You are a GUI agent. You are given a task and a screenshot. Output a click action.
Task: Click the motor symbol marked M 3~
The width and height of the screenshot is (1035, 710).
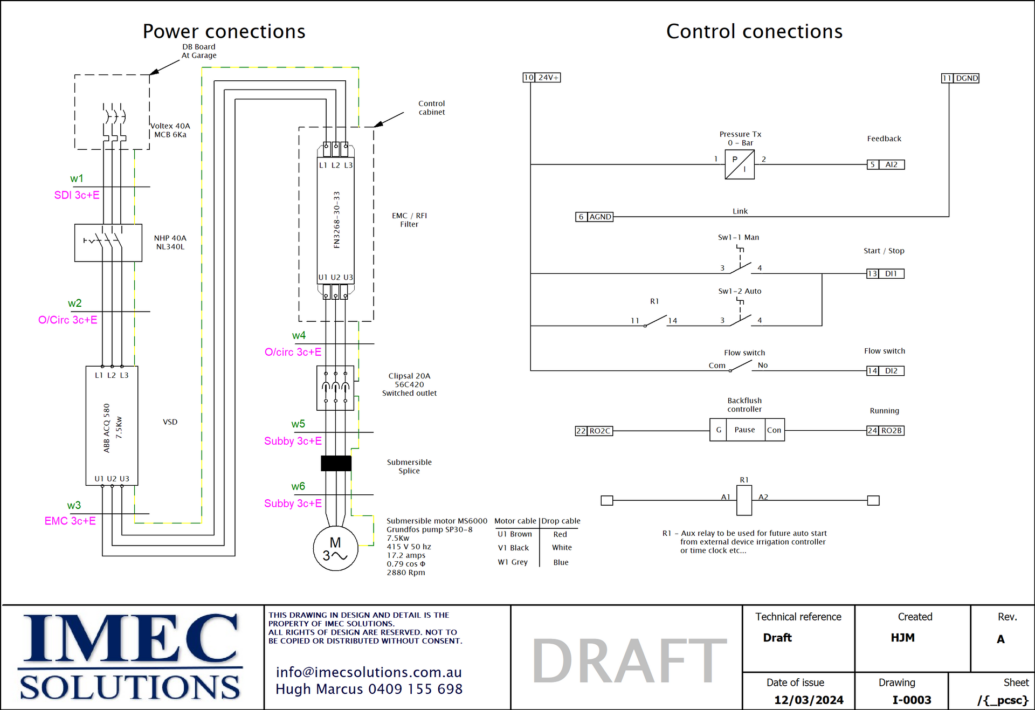tap(335, 549)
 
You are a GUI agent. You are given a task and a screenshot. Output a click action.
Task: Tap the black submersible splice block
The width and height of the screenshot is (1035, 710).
tap(336, 463)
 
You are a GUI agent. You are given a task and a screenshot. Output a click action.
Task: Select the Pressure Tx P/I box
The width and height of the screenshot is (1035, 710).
tap(740, 164)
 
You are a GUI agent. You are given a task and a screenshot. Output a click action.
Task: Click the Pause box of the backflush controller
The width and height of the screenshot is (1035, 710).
tap(744, 430)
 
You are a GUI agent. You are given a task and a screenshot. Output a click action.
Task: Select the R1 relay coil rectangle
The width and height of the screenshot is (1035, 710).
tap(744, 500)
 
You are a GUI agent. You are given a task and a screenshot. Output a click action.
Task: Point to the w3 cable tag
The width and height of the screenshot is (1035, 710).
tap(74, 506)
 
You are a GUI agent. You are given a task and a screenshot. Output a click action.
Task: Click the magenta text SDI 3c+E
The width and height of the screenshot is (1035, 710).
tap(77, 195)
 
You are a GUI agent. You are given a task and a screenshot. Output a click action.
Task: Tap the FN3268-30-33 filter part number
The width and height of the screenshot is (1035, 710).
tap(337, 219)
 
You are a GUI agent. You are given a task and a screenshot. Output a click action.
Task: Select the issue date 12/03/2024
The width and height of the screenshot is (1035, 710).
tap(809, 700)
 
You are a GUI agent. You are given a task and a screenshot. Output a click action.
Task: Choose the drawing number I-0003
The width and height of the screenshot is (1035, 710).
tap(912, 700)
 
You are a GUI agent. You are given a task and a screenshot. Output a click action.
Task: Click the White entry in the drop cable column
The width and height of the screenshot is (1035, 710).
tap(562, 548)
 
